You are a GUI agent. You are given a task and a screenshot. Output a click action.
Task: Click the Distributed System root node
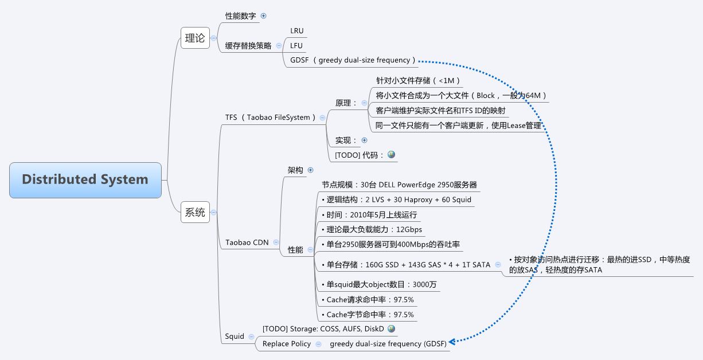[85, 179]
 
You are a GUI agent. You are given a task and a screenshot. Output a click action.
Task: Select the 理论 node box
[195, 38]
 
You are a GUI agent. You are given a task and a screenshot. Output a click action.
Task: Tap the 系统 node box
[195, 212]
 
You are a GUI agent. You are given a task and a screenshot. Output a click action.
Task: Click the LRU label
[296, 31]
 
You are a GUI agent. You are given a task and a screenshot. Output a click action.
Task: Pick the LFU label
[296, 46]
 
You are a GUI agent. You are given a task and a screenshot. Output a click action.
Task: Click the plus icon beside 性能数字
[264, 16]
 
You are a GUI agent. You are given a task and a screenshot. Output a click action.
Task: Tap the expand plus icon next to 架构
[311, 170]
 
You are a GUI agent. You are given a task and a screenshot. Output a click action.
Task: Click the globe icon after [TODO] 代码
[392, 155]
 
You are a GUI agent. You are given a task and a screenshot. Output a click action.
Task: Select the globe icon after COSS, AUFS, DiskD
[392, 328]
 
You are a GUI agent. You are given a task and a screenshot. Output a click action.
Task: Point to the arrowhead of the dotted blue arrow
[452, 342]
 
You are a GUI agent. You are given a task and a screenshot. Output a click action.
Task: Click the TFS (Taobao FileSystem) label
[270, 118]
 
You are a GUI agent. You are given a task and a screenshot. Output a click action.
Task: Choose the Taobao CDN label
[247, 242]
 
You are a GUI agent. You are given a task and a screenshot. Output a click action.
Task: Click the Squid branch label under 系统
[235, 336]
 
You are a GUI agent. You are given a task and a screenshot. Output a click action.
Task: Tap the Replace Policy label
[287, 344]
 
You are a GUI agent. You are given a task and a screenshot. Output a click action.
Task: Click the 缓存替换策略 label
[248, 46]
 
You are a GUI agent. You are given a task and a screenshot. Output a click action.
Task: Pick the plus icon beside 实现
[364, 140]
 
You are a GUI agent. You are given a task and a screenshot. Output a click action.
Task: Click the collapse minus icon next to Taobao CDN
[276, 242]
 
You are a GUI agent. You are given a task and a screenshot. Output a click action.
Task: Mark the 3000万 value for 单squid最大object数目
[425, 284]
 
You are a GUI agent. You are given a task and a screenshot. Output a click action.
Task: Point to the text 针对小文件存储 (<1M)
[418, 81]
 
